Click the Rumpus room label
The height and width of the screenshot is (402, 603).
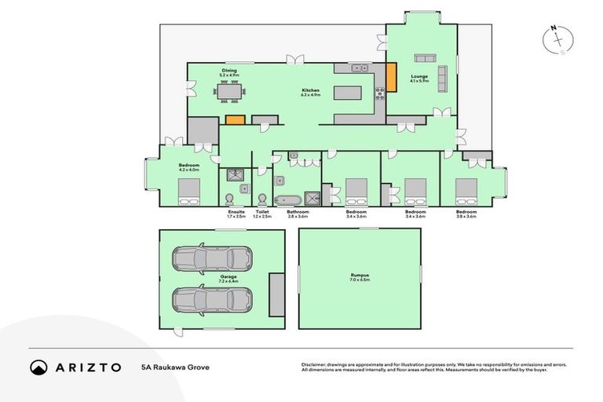360,276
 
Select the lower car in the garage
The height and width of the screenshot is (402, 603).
212,299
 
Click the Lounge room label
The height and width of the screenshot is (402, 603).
418,77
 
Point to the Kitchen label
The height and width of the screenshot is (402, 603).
311,91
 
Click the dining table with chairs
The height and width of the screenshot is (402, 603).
229,93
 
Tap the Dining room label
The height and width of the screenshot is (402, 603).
229,71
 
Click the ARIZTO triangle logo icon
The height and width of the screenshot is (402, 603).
39,367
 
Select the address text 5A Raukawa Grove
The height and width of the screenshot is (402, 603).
175,367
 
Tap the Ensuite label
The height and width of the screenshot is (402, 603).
236,211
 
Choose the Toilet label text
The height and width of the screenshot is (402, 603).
261,211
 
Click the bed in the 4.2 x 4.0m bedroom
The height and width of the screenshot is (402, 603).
188,189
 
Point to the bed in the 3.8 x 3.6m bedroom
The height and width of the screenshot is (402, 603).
466,188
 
